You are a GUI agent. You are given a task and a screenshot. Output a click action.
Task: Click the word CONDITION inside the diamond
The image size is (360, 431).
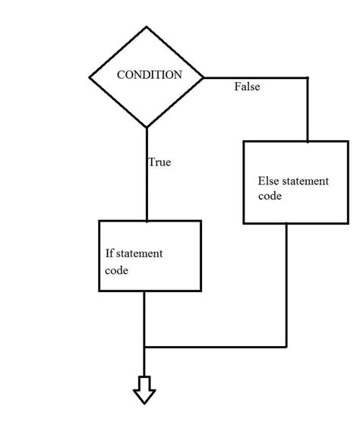(149, 75)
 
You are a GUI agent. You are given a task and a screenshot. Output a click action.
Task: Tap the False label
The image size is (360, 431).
(247, 87)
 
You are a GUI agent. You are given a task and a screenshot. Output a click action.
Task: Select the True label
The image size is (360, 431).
(159, 162)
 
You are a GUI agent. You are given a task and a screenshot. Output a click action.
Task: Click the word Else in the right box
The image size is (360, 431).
(268, 182)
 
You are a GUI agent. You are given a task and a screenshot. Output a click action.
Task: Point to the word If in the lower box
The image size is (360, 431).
(110, 253)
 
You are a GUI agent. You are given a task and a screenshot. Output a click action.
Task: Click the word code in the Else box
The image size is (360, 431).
(270, 197)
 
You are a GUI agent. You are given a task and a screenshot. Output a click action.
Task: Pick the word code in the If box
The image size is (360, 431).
(117, 269)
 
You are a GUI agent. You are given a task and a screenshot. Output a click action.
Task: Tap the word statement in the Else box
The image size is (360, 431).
(305, 182)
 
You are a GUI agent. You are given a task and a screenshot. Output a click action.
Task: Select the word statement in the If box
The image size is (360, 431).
(141, 253)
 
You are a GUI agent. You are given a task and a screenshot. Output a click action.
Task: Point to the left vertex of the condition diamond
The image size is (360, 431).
(90, 77)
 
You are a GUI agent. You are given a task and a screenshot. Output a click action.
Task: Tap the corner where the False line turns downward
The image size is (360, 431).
(308, 77)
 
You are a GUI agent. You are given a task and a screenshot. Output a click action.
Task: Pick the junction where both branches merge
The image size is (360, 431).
(144, 347)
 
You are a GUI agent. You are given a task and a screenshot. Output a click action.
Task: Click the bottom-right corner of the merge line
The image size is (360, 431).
(287, 347)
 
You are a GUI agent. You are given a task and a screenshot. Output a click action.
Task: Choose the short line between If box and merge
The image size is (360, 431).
(144, 319)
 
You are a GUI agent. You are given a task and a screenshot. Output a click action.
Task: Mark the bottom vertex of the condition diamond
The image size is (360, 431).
(147, 127)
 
